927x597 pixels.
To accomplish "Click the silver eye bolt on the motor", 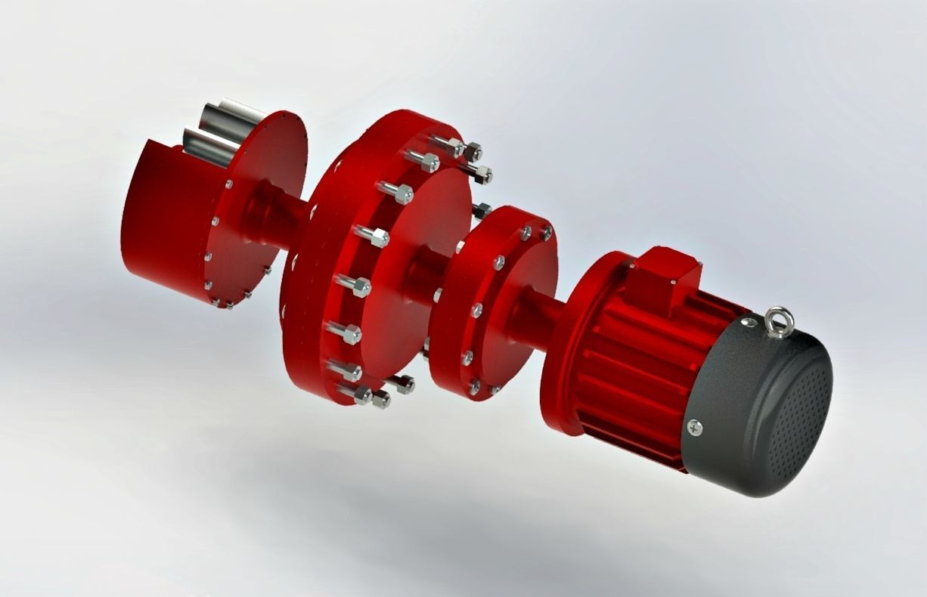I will click(775, 320).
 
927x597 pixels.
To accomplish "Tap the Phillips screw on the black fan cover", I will click(694, 428).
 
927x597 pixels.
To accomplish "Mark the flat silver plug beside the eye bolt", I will click(748, 323).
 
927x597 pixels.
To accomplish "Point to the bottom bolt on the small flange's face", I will click(474, 388).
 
